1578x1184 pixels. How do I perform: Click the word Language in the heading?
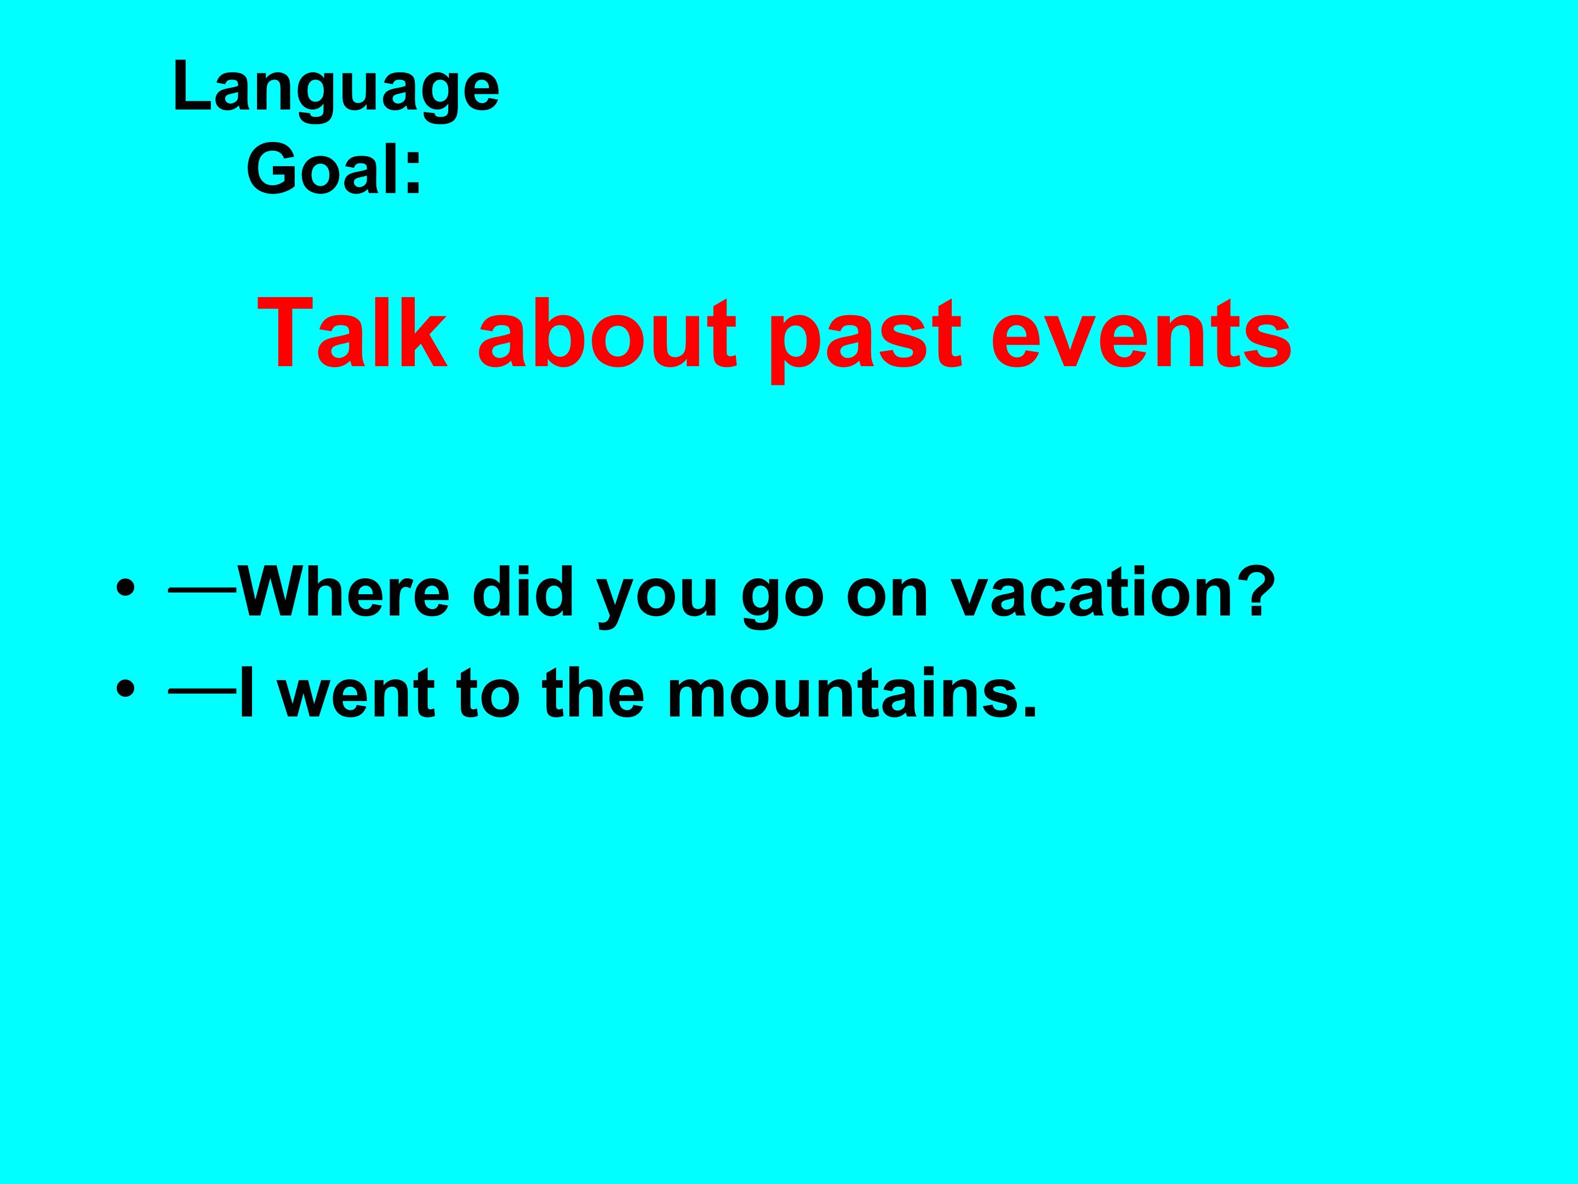coord(336,92)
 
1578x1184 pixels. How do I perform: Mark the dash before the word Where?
coord(203,590)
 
